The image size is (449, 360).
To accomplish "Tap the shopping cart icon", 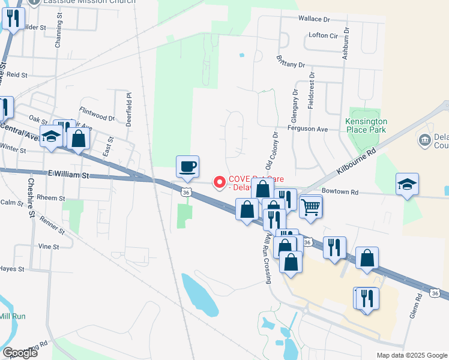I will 311,207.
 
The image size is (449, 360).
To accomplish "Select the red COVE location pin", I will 220,181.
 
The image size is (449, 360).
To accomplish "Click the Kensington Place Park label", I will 366,125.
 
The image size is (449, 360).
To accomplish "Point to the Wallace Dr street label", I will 315,19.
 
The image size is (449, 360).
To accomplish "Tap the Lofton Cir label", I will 323,35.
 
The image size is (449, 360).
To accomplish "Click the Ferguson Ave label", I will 307,129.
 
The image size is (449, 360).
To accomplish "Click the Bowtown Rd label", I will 340,192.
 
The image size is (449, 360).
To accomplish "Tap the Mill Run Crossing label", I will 265,257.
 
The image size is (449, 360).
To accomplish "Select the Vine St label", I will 49,247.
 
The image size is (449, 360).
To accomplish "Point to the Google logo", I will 19,353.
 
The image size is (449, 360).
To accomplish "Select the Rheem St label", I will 50,198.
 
